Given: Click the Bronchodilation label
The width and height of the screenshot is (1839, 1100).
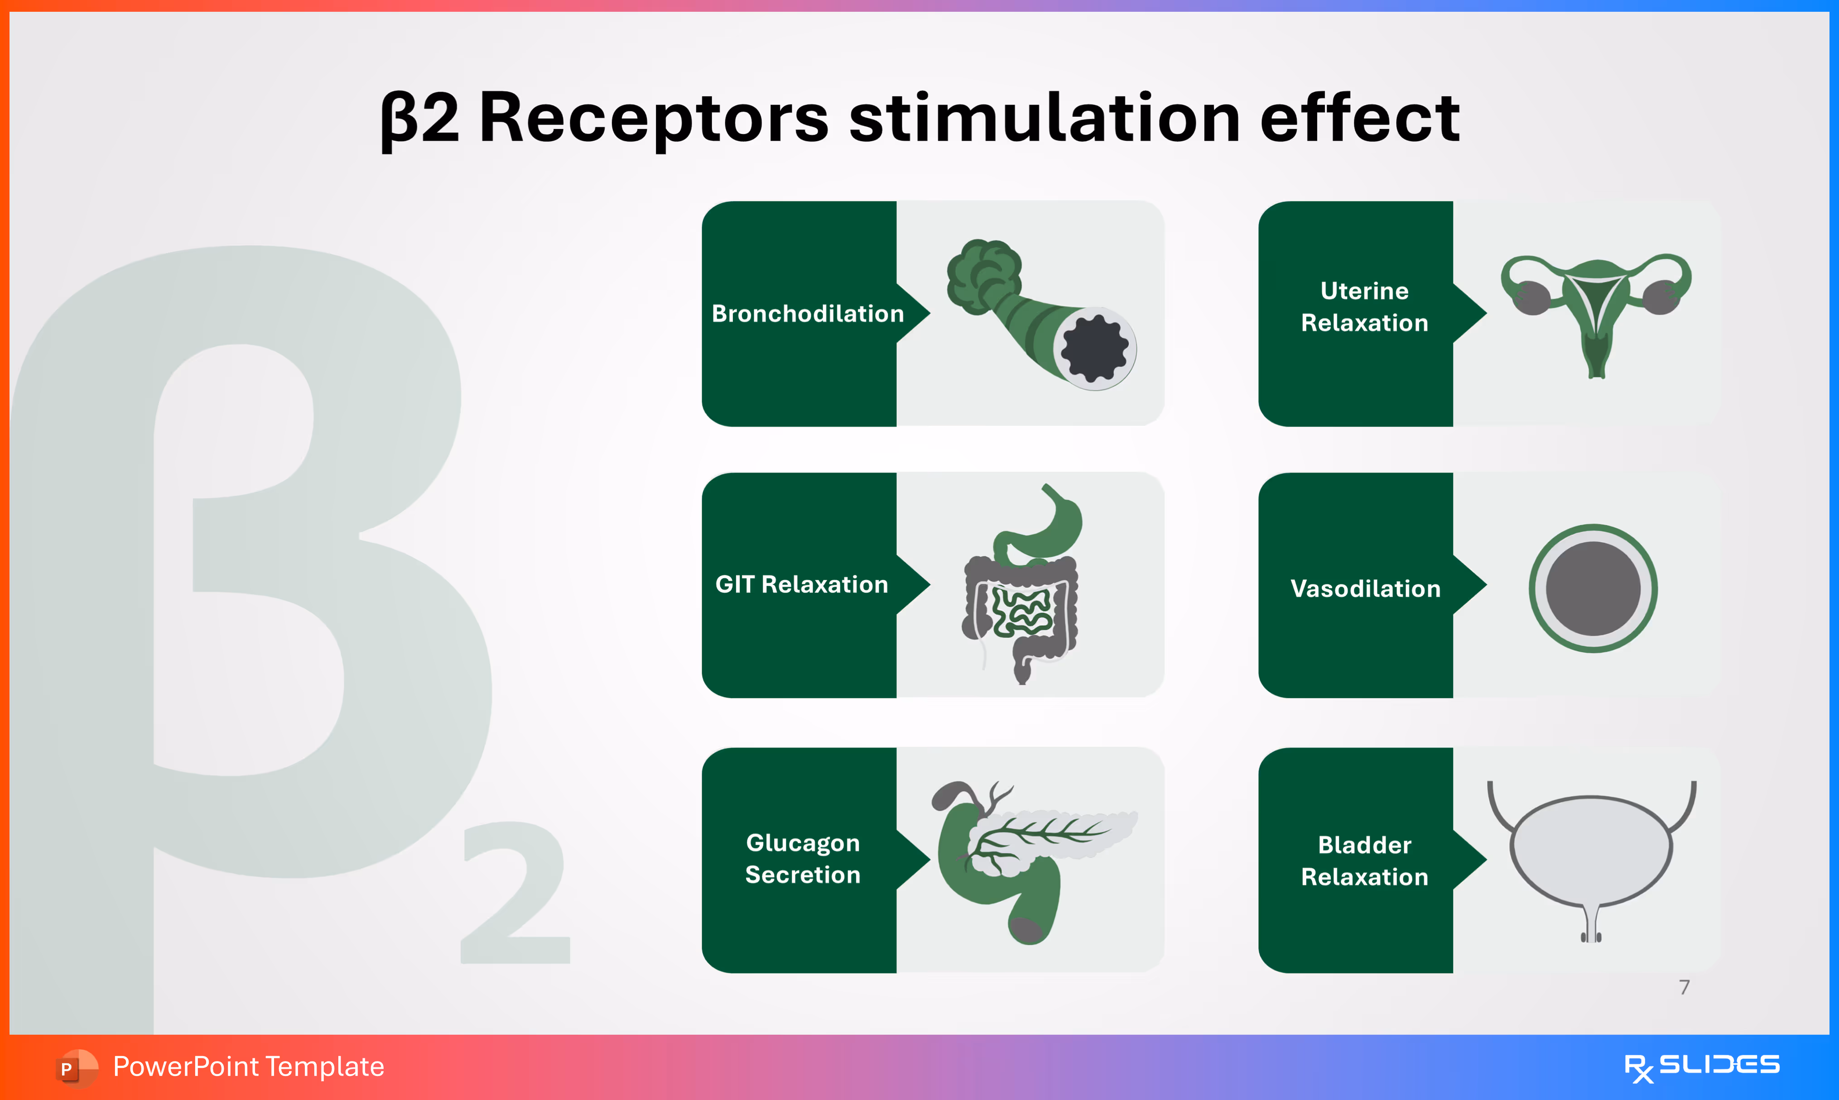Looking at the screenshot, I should point(808,314).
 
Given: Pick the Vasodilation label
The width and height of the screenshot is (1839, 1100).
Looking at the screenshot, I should point(1365,588).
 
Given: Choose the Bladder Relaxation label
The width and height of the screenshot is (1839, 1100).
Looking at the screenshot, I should point(1364,861).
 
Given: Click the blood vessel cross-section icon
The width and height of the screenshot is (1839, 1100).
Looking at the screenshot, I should point(1593,588).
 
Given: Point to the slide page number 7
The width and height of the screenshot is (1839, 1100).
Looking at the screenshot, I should point(1684,987).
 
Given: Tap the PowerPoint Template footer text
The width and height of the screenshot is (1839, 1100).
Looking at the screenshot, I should point(248,1067).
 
